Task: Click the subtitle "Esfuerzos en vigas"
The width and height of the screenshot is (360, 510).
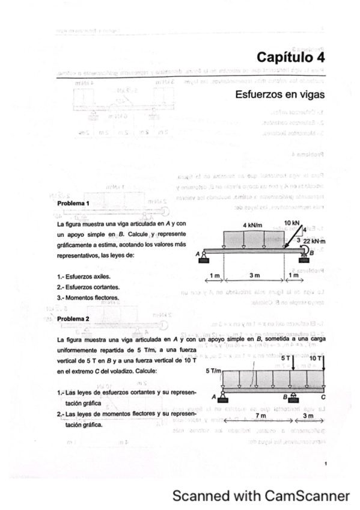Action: point(280,94)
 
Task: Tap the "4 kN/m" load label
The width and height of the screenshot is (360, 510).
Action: point(253,225)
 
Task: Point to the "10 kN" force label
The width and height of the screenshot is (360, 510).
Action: point(293,223)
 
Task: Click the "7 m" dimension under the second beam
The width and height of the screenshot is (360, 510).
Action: point(260,416)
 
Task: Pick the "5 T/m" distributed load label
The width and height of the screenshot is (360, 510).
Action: point(213,371)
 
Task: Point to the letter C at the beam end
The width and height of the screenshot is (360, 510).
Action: point(324,398)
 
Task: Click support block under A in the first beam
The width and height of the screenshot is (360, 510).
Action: point(205,260)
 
